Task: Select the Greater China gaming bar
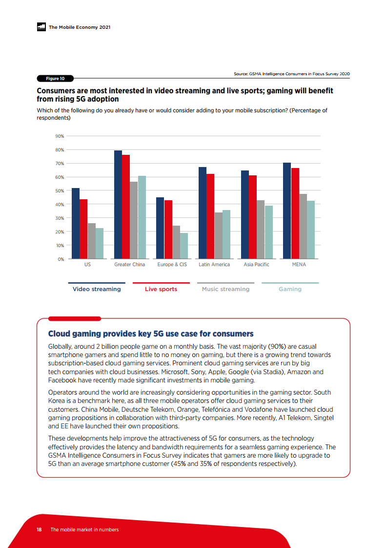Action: click(x=142, y=217)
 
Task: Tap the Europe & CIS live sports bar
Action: click(x=168, y=230)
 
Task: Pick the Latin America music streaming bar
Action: click(x=218, y=235)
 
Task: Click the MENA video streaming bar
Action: click(x=286, y=211)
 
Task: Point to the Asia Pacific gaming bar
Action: click(x=268, y=232)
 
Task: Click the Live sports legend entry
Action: click(x=161, y=289)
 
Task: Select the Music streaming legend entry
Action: click(x=225, y=289)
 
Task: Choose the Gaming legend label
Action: click(x=290, y=289)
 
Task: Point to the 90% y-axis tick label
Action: click(x=59, y=136)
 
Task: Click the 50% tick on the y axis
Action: click(x=59, y=190)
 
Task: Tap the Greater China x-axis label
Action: click(x=129, y=265)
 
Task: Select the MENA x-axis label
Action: click(x=299, y=265)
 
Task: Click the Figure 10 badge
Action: click(x=55, y=78)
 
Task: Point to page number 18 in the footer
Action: click(x=39, y=529)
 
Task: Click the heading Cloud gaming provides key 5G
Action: click(x=151, y=334)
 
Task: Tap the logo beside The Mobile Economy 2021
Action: click(x=41, y=27)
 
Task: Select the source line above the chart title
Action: click(x=292, y=74)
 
